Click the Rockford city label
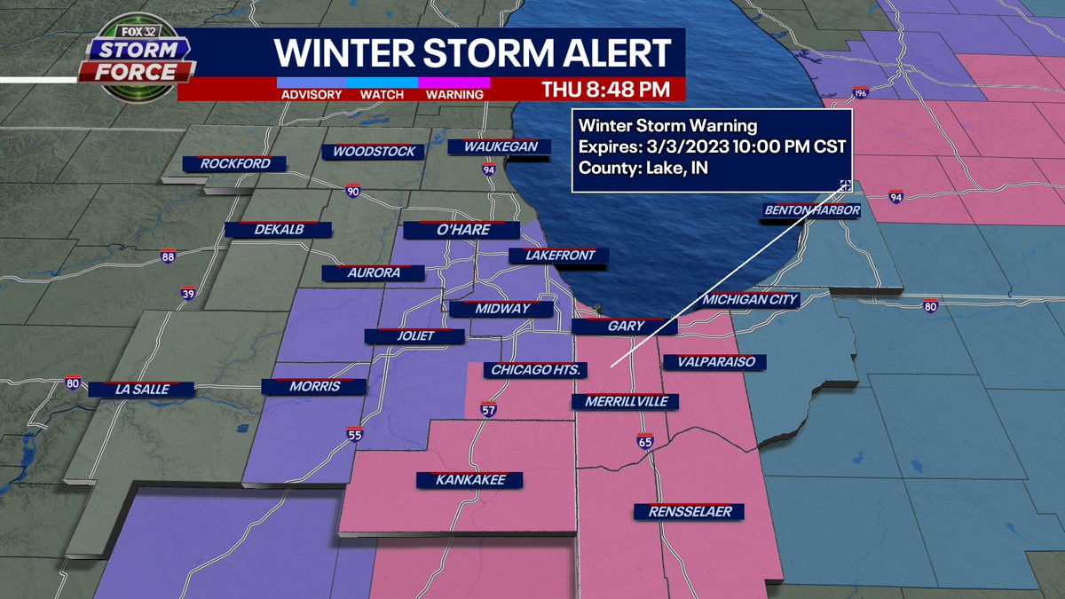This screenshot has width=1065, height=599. (235, 163)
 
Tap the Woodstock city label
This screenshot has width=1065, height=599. (374, 152)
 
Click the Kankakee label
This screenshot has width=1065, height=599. (470, 480)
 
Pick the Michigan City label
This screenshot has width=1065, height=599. (751, 300)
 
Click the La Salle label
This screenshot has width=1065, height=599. (142, 389)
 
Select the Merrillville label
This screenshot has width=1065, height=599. (625, 402)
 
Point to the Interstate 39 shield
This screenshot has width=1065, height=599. (187, 294)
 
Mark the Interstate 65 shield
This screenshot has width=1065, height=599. (645, 441)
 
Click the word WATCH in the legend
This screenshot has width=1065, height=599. (382, 95)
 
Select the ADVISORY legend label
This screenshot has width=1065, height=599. (311, 95)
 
